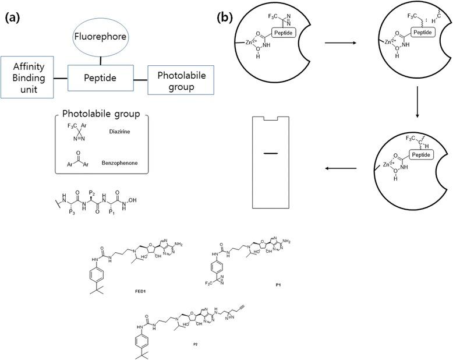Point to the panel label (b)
coord(225,17)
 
